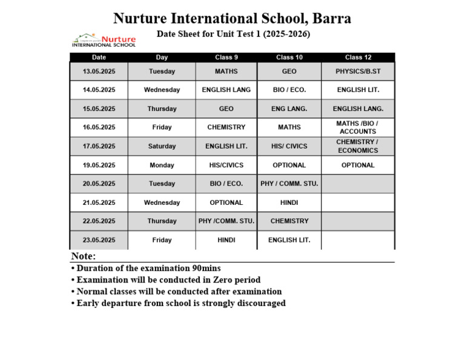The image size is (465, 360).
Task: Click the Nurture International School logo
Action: [x=104, y=40]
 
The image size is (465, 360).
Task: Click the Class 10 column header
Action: [x=289, y=58]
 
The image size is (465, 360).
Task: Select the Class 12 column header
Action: [x=358, y=58]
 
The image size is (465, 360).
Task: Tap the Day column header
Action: [x=162, y=58]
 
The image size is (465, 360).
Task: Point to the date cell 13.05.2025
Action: [x=99, y=72]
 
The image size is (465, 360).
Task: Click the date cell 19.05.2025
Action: [x=99, y=165]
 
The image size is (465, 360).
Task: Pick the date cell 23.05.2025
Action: [x=99, y=240]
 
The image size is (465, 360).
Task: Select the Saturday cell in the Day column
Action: [x=162, y=146]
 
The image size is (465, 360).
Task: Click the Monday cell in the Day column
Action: [x=162, y=165]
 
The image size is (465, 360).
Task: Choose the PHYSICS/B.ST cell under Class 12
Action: [x=358, y=72]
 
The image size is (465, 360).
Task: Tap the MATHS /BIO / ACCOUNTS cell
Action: [x=358, y=127]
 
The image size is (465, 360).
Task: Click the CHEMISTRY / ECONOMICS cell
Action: [x=358, y=146]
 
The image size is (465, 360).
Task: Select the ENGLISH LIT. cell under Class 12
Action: [x=358, y=90]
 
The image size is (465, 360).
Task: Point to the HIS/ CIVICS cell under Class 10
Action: [x=289, y=146]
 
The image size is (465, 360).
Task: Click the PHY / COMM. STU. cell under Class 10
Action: [x=289, y=184]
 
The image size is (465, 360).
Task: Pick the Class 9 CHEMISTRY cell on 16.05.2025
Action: [x=226, y=127]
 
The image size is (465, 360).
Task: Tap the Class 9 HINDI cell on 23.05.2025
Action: [x=226, y=240]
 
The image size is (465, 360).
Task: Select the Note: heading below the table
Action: [x=84, y=256]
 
